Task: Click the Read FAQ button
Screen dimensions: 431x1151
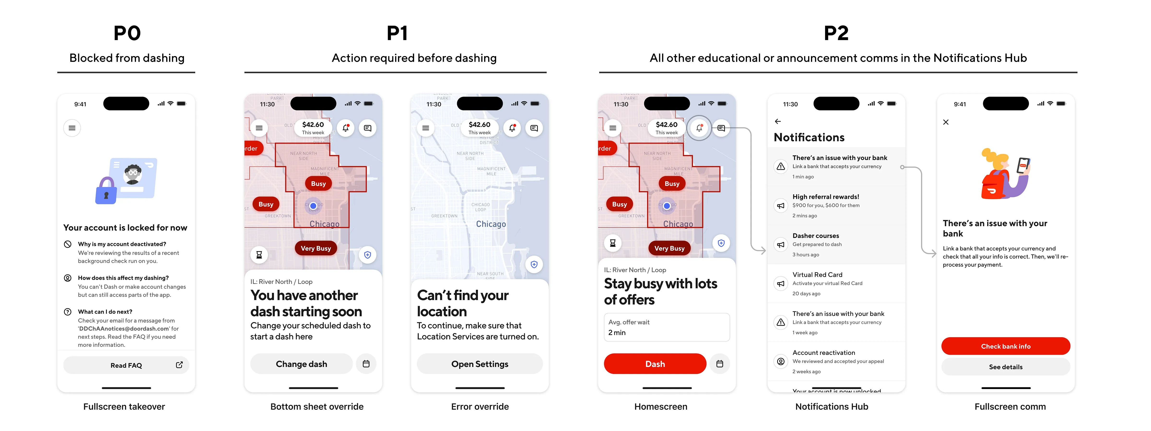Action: click(x=126, y=365)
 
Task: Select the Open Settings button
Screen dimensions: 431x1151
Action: click(x=479, y=364)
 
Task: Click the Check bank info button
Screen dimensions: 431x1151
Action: click(x=1005, y=346)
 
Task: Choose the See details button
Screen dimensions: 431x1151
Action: click(x=1005, y=367)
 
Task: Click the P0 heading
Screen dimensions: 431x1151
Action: click(x=127, y=33)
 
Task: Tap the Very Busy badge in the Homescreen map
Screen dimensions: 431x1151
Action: click(x=669, y=248)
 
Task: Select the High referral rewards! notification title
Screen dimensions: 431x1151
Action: click(x=826, y=197)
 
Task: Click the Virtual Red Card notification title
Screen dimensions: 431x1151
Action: click(x=817, y=275)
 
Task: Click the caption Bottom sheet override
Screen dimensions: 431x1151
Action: click(x=317, y=406)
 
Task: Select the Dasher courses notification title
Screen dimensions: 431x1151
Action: click(x=816, y=236)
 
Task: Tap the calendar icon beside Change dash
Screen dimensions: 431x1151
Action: click(x=366, y=364)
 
